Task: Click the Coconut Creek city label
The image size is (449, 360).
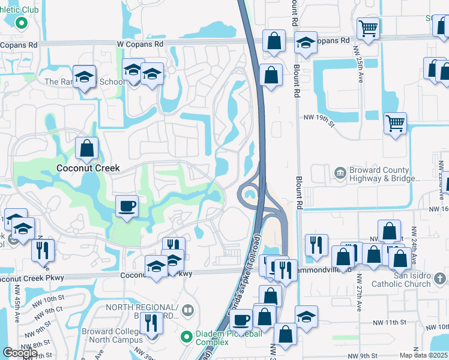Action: point(88,169)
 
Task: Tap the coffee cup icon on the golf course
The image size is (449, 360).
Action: point(127,207)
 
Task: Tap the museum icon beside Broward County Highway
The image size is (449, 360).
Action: point(340,174)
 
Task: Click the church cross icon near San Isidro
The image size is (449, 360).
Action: point(441,279)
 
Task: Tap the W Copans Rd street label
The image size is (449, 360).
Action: point(140,44)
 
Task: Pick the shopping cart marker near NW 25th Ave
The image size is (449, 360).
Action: point(367,28)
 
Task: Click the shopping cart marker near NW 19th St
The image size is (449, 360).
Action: point(395,124)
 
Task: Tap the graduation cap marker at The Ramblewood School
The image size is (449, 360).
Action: point(85,77)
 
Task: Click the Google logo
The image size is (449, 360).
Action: point(20,353)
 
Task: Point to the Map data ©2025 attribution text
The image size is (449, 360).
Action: point(424,355)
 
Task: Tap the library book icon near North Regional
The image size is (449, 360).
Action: point(188,310)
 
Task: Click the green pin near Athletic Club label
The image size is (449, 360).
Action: point(21,23)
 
